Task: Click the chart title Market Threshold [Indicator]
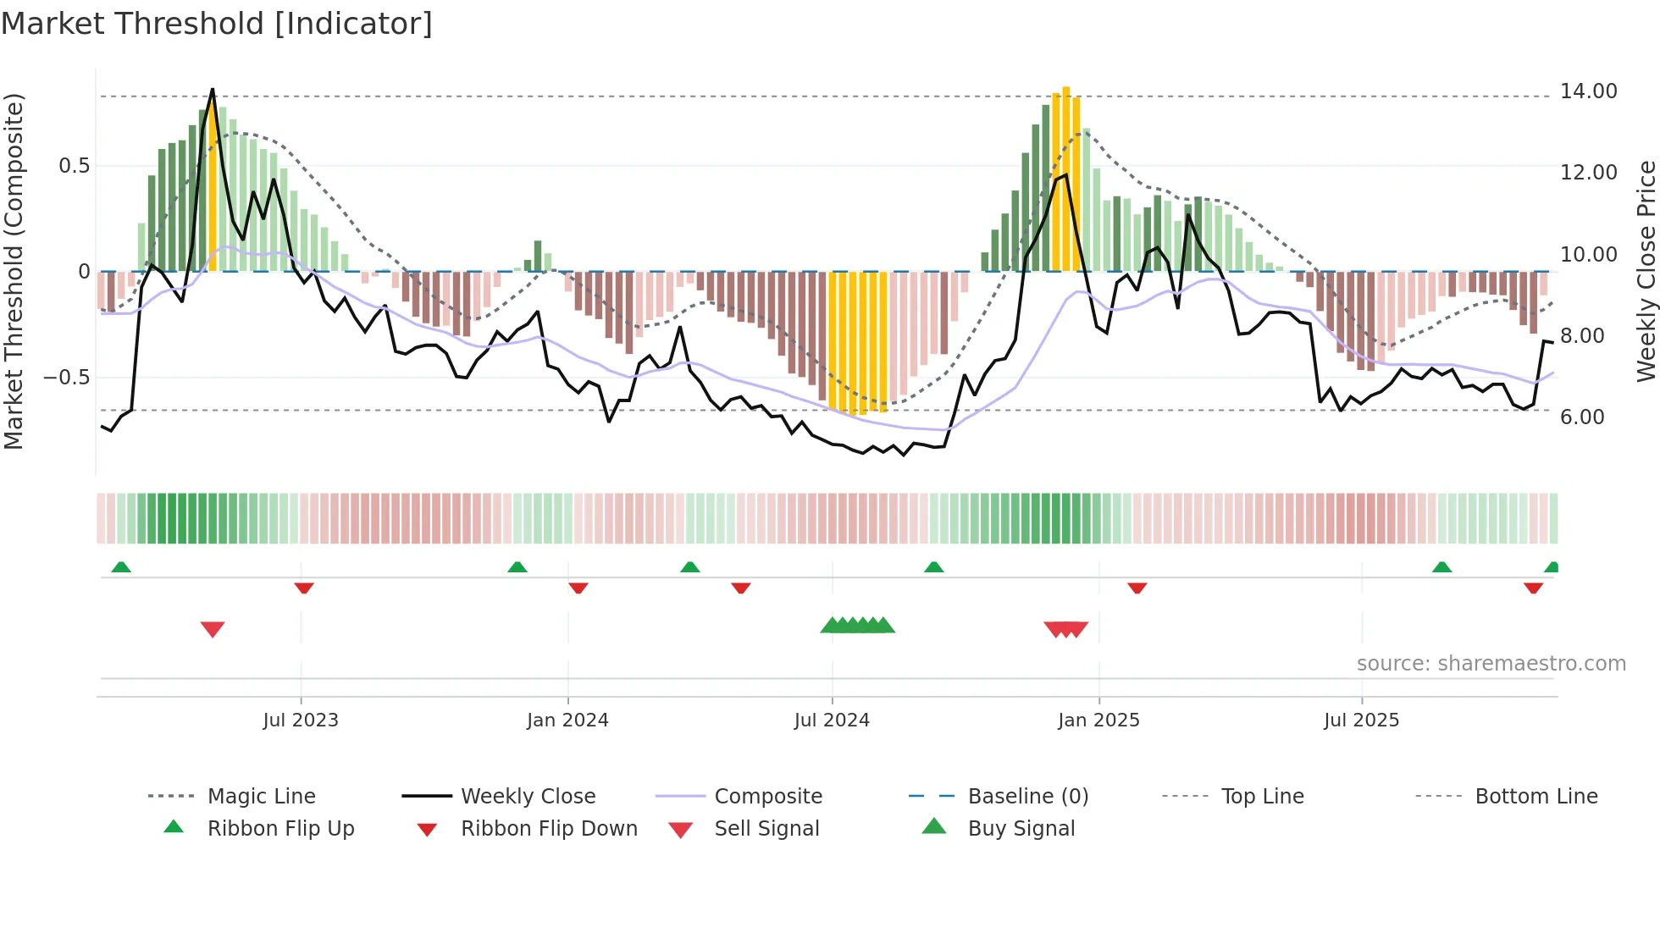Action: coord(217,24)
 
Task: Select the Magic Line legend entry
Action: coord(261,797)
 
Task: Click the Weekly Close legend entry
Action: coord(528,797)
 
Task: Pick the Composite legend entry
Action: coord(767,797)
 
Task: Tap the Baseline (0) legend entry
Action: coord(1027,797)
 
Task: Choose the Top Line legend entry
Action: coord(1262,797)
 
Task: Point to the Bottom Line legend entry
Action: coord(1535,797)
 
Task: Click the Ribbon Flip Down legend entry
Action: coord(548,829)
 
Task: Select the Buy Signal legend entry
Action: coord(1021,829)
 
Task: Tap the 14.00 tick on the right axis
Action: coord(1588,91)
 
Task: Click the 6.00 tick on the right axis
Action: coord(1581,417)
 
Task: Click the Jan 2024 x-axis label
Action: coord(567,720)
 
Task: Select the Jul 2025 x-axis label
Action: coord(1361,720)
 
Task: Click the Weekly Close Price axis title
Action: coord(1646,271)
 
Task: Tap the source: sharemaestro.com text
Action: coord(1491,664)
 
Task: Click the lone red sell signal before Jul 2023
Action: coord(213,629)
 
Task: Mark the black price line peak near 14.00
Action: coord(213,90)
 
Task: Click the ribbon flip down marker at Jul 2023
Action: coord(304,588)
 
